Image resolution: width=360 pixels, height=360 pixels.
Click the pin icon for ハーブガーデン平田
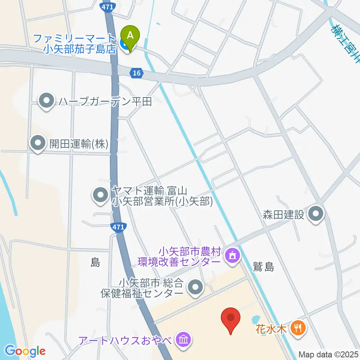(46, 101)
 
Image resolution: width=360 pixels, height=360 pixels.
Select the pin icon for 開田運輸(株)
(38, 143)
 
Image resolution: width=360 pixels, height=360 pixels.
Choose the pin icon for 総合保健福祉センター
(195, 288)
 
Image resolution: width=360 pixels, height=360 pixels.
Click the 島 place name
(95, 263)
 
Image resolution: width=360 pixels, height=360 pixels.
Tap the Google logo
(25, 351)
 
